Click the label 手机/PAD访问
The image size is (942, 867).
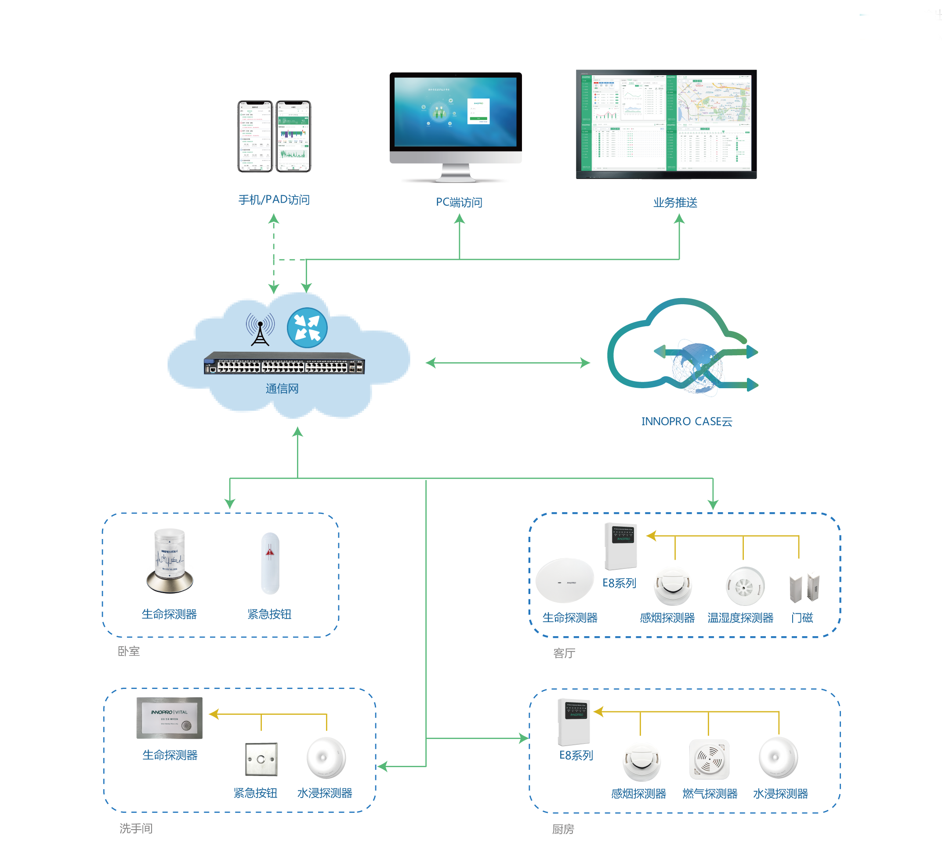coord(274,200)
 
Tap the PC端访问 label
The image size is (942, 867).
coord(459,202)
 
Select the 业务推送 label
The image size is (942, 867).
coord(675,203)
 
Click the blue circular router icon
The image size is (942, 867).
coord(307,328)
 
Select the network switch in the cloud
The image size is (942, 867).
coord(284,363)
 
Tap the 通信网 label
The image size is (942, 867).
coord(282,389)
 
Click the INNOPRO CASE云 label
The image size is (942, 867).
coord(686,421)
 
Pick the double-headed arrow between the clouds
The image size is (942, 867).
coord(507,363)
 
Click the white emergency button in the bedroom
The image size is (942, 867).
coord(270,563)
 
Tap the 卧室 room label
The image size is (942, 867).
coord(128,651)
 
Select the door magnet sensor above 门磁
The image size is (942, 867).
coord(804,588)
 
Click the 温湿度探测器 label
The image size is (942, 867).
coord(740,618)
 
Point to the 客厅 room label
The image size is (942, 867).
coord(564,653)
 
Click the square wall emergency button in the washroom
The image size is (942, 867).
coord(261,759)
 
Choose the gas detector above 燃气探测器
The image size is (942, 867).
coord(709,759)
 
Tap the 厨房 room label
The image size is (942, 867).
coord(563,829)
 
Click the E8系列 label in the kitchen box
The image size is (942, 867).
coord(576,755)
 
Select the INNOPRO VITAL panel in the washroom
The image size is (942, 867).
coord(169,718)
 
